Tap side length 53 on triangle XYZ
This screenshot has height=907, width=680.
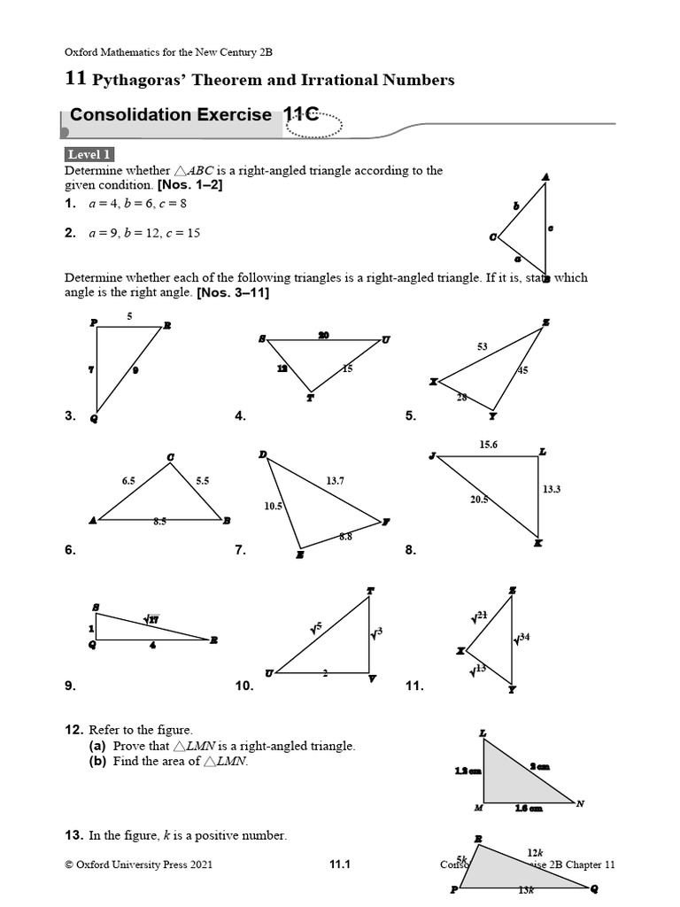[482, 347]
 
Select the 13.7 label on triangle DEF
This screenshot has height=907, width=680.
[335, 481]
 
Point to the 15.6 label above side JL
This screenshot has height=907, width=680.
[489, 445]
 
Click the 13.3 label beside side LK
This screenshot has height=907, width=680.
[552, 488]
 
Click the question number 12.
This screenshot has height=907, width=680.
[73, 729]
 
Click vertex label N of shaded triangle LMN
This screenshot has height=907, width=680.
[580, 804]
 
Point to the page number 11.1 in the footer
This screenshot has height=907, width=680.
[340, 865]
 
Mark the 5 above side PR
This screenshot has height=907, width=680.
[129, 316]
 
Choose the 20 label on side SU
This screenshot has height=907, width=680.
[323, 335]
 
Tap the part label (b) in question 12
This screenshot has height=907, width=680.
[98, 762]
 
